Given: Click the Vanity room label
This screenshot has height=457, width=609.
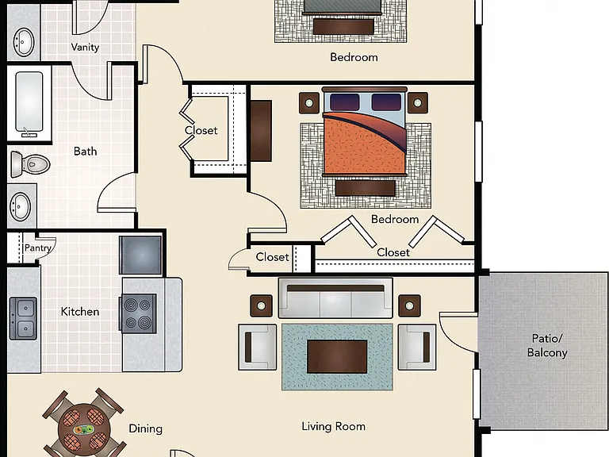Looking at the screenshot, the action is [85, 47].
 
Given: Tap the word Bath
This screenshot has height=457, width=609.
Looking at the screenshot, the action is [85, 151].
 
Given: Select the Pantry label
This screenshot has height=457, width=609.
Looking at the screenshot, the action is [38, 248].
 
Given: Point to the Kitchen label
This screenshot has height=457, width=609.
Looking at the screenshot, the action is [79, 311].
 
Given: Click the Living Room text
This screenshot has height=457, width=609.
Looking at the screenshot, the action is [333, 426].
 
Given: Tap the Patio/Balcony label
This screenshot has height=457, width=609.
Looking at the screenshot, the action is [547, 345].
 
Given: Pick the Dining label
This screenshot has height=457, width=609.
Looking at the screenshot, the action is [145, 428].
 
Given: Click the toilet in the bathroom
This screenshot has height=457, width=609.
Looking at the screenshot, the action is [30, 164].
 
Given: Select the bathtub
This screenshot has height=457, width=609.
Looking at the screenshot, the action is [29, 103].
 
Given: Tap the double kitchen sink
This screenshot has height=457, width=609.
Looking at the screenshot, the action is [23, 318].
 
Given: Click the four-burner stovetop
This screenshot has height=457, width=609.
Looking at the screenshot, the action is [138, 313].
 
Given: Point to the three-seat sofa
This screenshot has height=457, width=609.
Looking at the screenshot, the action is [335, 298].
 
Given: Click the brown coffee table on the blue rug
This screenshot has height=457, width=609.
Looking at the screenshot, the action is [337, 356].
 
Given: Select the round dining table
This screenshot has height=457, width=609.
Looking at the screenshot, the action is [84, 430].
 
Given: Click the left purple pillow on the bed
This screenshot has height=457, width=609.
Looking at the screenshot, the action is [344, 102].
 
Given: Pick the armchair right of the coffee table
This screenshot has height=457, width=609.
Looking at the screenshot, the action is [417, 347].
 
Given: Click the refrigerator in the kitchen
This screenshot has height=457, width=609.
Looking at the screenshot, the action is [140, 255].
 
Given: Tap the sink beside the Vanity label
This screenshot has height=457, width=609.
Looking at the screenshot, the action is [24, 41].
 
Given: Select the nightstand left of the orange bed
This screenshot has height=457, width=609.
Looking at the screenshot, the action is [309, 103].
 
